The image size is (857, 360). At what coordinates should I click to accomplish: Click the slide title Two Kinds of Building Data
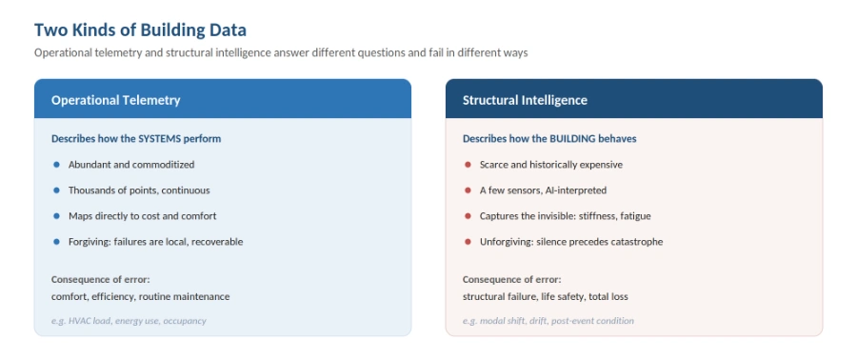click(141, 30)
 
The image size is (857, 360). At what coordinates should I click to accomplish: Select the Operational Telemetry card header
click(223, 99)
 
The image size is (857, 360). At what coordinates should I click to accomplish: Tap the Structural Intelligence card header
click(634, 99)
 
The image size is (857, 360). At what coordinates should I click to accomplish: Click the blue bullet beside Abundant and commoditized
click(56, 165)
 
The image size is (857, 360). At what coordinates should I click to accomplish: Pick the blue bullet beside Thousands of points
click(56, 190)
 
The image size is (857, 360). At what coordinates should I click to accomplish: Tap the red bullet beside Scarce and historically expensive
click(468, 165)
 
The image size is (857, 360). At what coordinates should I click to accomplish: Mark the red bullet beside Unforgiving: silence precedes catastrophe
click(468, 242)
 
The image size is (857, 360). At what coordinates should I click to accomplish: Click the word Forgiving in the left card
click(90, 242)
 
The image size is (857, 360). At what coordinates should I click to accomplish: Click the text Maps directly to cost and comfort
click(142, 216)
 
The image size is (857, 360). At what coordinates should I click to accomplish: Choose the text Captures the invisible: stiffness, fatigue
click(565, 216)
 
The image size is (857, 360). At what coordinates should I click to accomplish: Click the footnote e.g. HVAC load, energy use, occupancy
click(129, 321)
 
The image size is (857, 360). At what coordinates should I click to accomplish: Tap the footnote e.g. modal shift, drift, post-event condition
click(548, 321)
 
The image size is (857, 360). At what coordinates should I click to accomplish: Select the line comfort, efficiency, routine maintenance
click(141, 296)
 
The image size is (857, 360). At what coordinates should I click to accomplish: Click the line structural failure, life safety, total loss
click(546, 296)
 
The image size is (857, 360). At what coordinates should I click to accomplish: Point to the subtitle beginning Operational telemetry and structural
click(281, 53)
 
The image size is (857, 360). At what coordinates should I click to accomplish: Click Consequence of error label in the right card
click(511, 280)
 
